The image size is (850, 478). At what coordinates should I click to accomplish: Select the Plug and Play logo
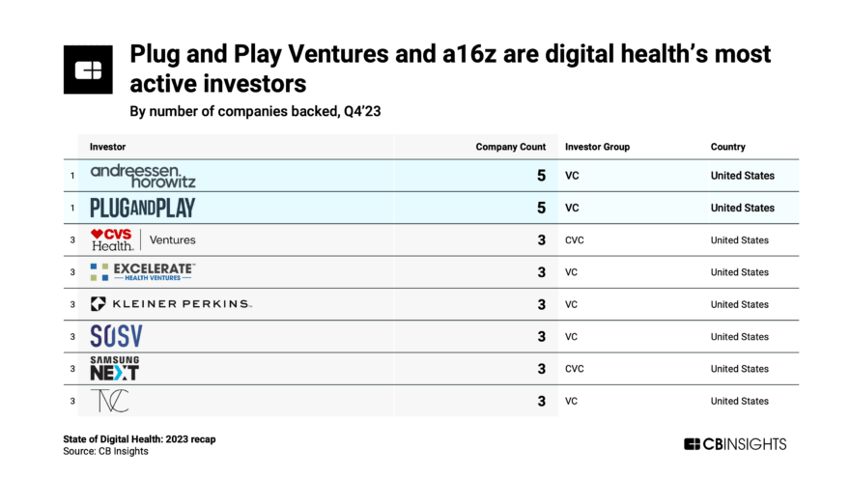[142, 208]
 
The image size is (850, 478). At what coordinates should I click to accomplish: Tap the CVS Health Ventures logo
[143, 239]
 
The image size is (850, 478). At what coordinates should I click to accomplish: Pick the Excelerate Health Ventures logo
[143, 271]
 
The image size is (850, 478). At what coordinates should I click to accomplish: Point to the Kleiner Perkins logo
[171, 304]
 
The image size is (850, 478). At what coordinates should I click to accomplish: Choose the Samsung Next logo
[114, 368]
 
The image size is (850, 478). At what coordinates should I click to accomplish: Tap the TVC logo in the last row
[109, 401]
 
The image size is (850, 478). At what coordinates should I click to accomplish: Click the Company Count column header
[510, 147]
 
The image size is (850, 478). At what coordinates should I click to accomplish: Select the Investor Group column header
[597, 147]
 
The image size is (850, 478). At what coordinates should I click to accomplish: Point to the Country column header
[727, 147]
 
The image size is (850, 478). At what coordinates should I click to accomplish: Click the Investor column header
[107, 147]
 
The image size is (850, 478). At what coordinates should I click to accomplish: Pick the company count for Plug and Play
[541, 208]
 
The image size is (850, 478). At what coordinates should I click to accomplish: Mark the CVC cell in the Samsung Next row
[574, 369]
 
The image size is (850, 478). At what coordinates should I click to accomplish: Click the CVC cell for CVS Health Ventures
[574, 240]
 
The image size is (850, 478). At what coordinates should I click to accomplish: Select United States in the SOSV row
[739, 337]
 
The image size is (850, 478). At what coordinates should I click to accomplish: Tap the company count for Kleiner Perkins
[541, 304]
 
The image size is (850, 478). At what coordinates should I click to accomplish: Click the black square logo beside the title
[88, 70]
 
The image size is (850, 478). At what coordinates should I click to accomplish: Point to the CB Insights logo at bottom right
[735, 444]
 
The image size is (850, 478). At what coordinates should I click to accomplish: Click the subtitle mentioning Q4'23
[255, 111]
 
